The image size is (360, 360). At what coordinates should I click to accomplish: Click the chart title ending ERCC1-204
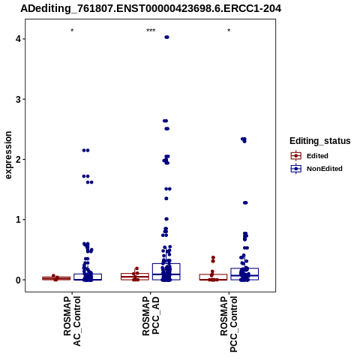click(151, 8)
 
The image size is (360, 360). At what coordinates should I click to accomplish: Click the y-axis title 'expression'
click(8, 155)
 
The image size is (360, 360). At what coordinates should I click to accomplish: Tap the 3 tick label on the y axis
click(19, 99)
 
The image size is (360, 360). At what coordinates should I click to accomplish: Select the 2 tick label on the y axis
click(19, 160)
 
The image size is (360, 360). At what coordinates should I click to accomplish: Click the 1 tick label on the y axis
click(19, 220)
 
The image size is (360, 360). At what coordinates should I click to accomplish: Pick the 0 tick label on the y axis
click(19, 280)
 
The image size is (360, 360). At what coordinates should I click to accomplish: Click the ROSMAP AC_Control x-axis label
click(72, 321)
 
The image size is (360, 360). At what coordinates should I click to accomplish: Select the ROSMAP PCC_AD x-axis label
click(151, 316)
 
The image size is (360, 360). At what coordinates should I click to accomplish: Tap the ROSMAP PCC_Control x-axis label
click(229, 324)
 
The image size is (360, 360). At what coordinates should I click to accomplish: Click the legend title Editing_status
click(320, 141)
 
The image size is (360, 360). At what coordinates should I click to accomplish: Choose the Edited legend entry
click(310, 156)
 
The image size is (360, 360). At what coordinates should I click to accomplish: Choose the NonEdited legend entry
click(316, 169)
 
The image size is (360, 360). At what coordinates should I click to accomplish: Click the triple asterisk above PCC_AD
click(151, 31)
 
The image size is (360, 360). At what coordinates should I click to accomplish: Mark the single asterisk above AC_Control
click(72, 31)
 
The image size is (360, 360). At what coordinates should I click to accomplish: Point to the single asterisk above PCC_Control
click(229, 31)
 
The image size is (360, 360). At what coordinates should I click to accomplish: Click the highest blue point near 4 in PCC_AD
click(166, 37)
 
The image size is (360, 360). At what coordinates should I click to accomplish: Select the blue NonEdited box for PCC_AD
click(166, 271)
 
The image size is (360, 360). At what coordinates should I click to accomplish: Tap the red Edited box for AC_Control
click(56, 278)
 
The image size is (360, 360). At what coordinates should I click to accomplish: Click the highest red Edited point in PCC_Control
click(213, 257)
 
